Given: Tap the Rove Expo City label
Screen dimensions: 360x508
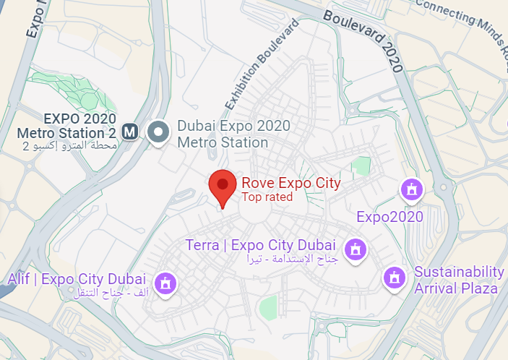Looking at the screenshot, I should click(x=290, y=183).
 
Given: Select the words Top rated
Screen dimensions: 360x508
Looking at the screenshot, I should click(x=267, y=197).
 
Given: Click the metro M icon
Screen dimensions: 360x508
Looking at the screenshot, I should click(x=130, y=132).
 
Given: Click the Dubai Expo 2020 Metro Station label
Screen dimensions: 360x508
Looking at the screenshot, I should click(x=223, y=134).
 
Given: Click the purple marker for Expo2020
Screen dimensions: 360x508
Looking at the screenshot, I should click(x=411, y=190).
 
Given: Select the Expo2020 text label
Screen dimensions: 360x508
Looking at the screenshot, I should click(x=389, y=217).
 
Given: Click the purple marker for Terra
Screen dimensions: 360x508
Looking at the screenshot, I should click(x=356, y=249).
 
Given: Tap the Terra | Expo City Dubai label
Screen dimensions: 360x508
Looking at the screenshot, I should click(x=263, y=245).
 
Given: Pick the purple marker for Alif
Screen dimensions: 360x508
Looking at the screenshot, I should click(x=166, y=283).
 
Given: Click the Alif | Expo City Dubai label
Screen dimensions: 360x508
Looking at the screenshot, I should click(x=77, y=279).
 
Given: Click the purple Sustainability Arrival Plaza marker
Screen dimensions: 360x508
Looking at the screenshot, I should click(x=395, y=277).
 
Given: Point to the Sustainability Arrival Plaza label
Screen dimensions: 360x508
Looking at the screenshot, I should click(x=458, y=280).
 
